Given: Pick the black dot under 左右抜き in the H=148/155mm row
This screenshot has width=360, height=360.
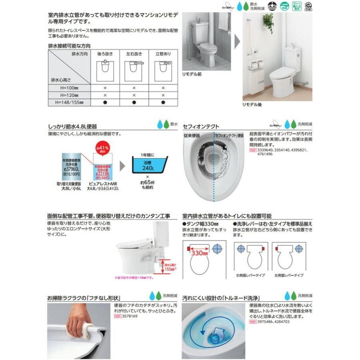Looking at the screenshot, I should tap(134, 103).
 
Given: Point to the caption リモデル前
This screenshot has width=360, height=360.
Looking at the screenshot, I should tap(192, 75).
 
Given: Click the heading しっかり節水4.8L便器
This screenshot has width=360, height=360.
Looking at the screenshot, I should tap(72, 126).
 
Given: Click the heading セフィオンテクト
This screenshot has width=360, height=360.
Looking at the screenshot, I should tap(201, 126).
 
